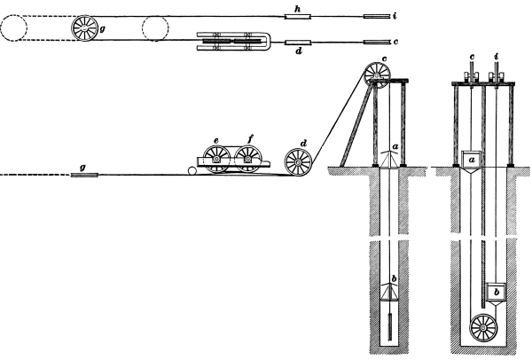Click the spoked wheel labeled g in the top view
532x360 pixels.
(x=84, y=28)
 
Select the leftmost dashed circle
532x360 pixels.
(x=13, y=27)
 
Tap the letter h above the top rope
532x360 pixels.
(x=298, y=10)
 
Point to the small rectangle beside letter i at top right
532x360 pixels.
(x=377, y=16)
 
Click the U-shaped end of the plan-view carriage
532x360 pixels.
(x=265, y=42)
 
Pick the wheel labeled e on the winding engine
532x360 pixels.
(x=216, y=159)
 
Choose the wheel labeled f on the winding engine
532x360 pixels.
(x=248, y=159)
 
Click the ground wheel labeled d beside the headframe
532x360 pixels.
(x=298, y=162)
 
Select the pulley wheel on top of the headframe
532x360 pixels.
(x=378, y=75)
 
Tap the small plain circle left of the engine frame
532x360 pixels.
(x=192, y=170)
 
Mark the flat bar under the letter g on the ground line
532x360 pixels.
(x=84, y=175)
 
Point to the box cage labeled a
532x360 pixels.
(x=471, y=159)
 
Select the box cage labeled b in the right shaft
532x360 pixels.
(x=497, y=292)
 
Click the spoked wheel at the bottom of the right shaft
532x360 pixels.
(x=483, y=328)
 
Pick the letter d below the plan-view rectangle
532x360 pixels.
(x=298, y=51)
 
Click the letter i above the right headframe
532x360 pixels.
(x=497, y=57)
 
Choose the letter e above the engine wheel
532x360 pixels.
(x=216, y=140)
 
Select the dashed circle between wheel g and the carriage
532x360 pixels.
(x=155, y=28)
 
